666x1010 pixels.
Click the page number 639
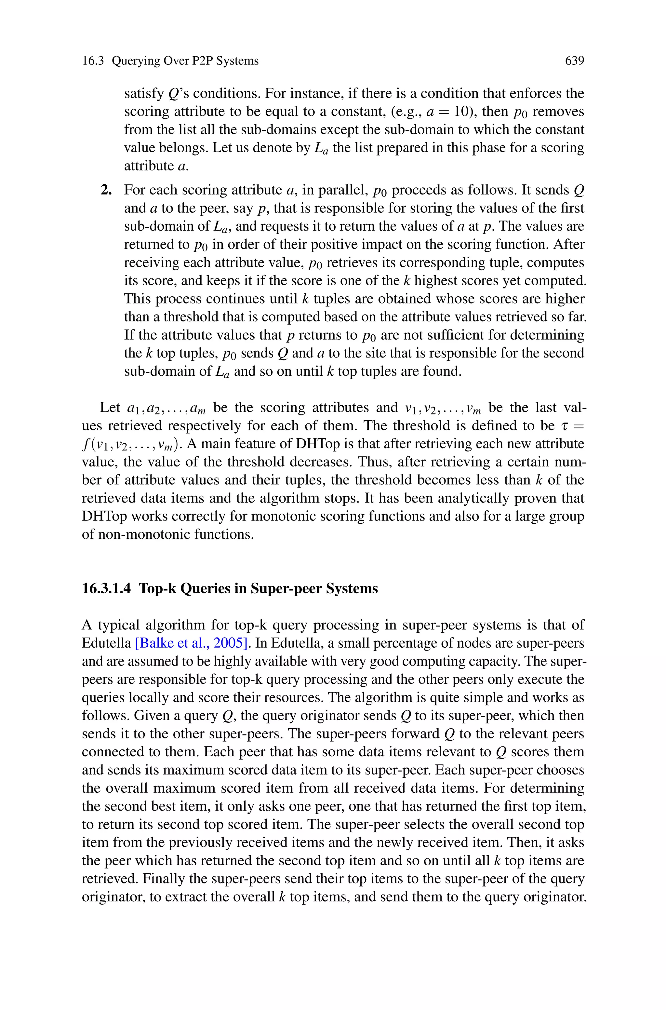[x=574, y=61]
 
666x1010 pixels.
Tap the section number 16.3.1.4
[x=106, y=589]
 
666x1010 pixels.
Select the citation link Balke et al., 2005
[x=192, y=643]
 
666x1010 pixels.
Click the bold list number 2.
[x=106, y=190]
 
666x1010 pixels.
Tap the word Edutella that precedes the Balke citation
[x=106, y=643]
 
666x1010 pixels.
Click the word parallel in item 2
[x=342, y=190]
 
